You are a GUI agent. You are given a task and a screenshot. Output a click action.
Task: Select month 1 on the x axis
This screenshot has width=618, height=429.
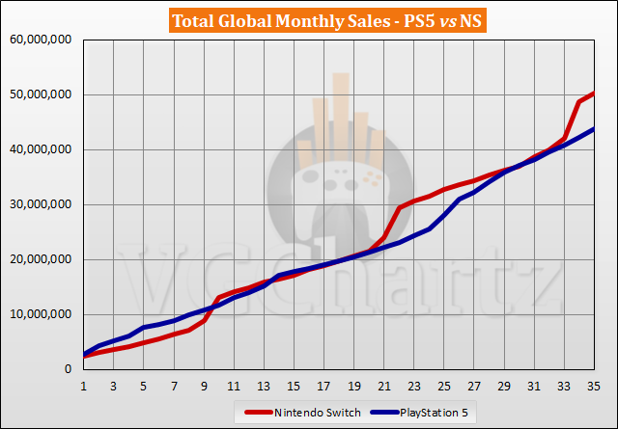(85, 384)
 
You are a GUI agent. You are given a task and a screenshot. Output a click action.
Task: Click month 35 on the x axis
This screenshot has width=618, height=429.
(595, 384)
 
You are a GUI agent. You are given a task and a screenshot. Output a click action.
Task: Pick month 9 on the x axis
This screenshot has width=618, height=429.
(205, 384)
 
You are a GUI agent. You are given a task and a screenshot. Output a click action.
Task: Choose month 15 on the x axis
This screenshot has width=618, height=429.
(295, 384)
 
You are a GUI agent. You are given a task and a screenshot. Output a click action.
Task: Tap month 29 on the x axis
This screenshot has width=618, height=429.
(505, 384)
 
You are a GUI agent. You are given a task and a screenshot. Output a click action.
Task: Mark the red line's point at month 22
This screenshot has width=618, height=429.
(400, 207)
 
